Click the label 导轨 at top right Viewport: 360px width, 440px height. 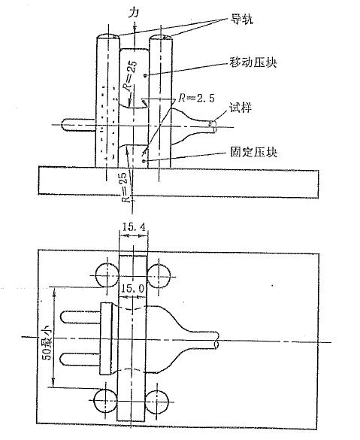241,19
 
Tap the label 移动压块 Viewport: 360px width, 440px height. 253,62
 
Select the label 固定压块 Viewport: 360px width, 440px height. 254,153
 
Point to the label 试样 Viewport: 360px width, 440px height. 241,108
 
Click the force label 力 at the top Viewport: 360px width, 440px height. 134,13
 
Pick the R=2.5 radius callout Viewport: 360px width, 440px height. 197,98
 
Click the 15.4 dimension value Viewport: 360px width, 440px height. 134,226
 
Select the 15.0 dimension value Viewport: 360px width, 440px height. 132,289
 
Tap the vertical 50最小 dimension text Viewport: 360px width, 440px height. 47,342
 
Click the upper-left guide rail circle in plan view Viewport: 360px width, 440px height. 107,275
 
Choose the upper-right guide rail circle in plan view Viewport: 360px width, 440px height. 159,275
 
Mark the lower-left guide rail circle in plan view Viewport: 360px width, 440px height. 105,401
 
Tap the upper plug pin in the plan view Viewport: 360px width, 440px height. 80,317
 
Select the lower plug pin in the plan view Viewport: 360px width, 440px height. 80,360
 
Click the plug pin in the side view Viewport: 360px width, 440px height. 78,125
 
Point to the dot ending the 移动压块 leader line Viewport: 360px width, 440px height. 146,75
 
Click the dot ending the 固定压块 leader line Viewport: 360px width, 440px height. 144,161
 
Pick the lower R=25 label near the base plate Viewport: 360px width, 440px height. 127,187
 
